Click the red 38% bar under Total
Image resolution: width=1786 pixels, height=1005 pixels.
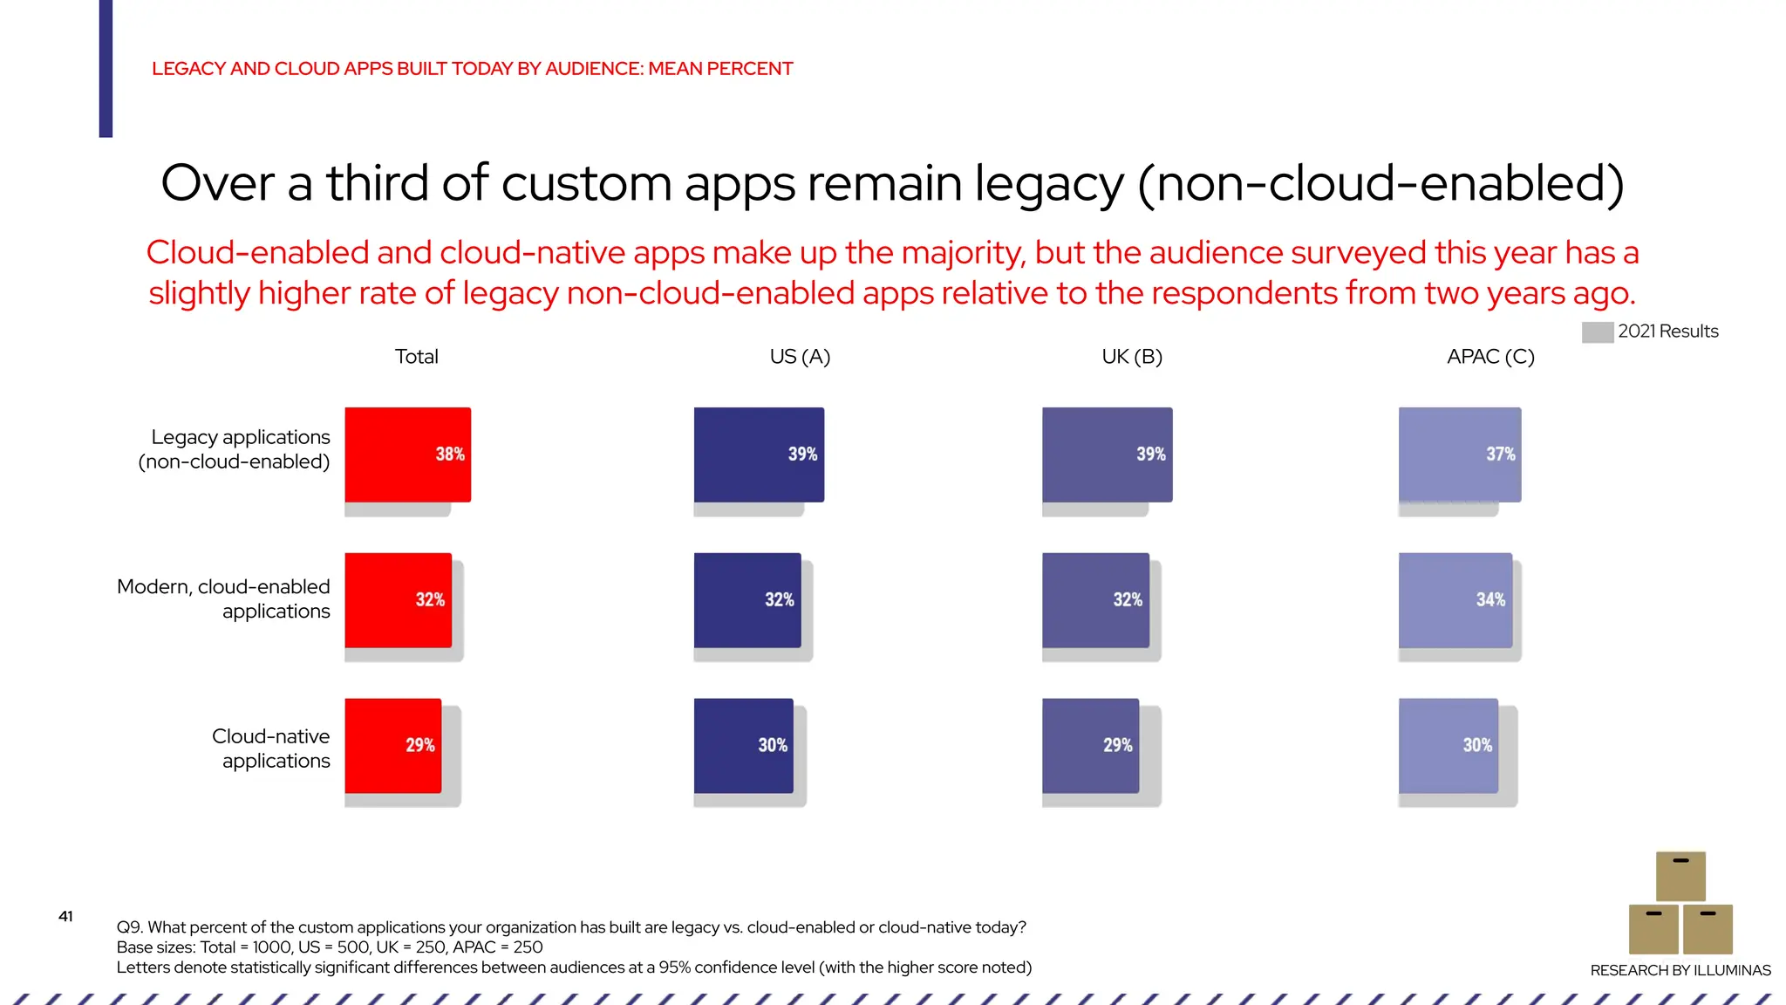point(407,455)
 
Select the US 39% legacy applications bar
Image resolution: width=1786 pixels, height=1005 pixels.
point(759,455)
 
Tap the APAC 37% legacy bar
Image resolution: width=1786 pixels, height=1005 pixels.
point(1459,455)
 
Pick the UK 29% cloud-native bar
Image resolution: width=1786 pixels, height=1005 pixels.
point(1090,745)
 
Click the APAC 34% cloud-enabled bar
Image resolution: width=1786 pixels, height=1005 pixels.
point(1455,600)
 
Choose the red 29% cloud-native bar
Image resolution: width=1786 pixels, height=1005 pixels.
point(392,745)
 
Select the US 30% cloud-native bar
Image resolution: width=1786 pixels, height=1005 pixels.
point(743,745)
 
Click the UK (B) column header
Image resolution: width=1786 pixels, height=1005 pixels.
point(1131,357)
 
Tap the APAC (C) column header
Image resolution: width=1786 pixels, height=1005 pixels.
point(1489,357)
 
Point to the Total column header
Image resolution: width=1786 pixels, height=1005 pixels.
point(416,357)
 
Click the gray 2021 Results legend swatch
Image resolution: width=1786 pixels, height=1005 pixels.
point(1597,332)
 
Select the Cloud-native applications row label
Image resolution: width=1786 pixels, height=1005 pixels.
point(271,749)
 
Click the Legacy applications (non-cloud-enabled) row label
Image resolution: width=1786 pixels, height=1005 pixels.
point(235,449)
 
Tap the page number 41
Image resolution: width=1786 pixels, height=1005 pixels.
point(65,916)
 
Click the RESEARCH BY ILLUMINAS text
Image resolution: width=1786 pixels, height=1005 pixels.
point(1680,970)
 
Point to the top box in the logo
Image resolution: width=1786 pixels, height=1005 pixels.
point(1680,876)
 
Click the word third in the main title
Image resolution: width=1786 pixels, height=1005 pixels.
point(377,183)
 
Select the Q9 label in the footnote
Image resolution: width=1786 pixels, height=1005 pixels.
point(128,927)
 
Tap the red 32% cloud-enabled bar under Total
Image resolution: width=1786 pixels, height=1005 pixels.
point(398,600)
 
